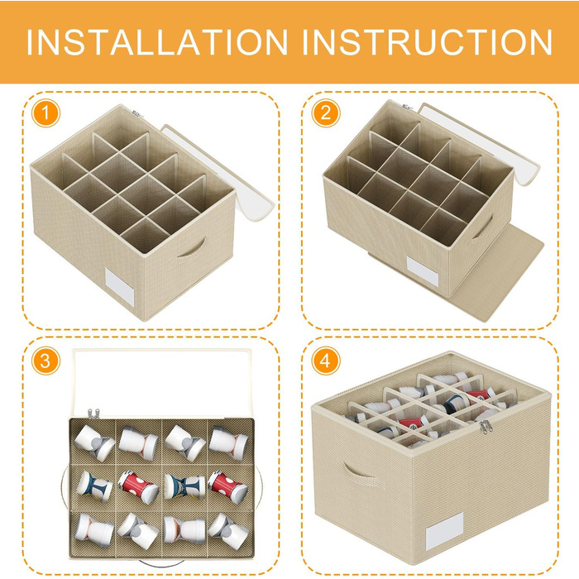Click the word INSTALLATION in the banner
click(157, 42)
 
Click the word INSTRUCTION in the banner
click(428, 42)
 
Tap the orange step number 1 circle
click(45, 113)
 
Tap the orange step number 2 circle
click(325, 113)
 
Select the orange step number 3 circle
click(45, 361)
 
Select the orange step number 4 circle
click(325, 361)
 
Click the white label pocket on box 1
click(120, 287)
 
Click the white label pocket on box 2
click(423, 271)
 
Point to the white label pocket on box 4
click(444, 531)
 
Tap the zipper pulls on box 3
click(93, 414)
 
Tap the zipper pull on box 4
click(486, 427)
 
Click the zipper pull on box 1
click(136, 113)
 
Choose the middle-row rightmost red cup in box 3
click(228, 486)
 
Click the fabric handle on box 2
click(483, 227)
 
